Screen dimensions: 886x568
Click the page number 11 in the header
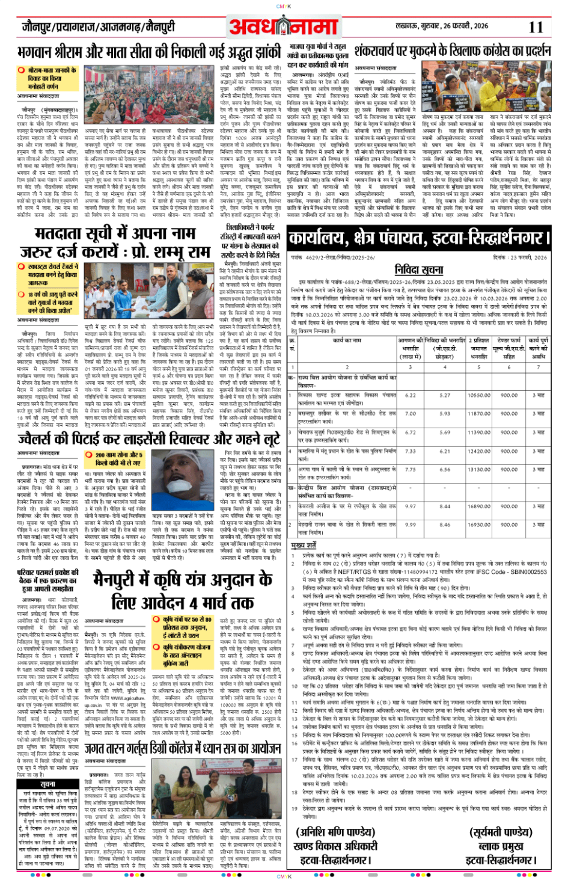point(536,27)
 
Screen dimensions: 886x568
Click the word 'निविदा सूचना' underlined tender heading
point(419,269)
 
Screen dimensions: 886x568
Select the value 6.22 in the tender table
point(411,395)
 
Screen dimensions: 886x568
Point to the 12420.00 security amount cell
point(479,451)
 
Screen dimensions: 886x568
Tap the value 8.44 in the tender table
point(445,506)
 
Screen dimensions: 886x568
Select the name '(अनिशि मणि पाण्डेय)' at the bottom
point(335,832)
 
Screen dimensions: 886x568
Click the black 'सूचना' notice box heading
point(47,784)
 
